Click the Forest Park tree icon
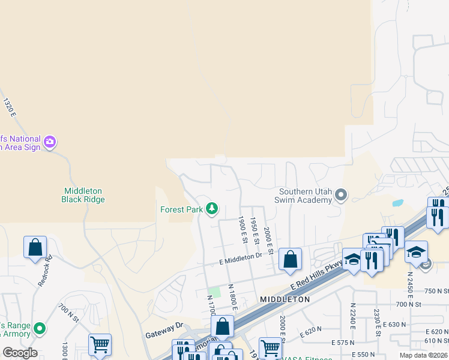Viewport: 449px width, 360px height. (211, 209)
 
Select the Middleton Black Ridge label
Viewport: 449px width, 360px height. (83, 195)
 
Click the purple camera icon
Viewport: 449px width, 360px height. (50, 142)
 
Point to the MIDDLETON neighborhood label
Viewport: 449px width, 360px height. (285, 299)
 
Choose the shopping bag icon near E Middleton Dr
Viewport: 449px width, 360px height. (290, 259)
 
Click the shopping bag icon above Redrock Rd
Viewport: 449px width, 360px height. (35, 247)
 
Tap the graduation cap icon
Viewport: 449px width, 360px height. (416, 251)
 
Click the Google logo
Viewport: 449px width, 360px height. (20, 353)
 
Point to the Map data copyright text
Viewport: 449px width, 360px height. (424, 355)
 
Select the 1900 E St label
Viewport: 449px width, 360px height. (243, 229)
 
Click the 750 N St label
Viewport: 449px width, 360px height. (436, 290)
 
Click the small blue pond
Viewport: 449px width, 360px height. (397, 203)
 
